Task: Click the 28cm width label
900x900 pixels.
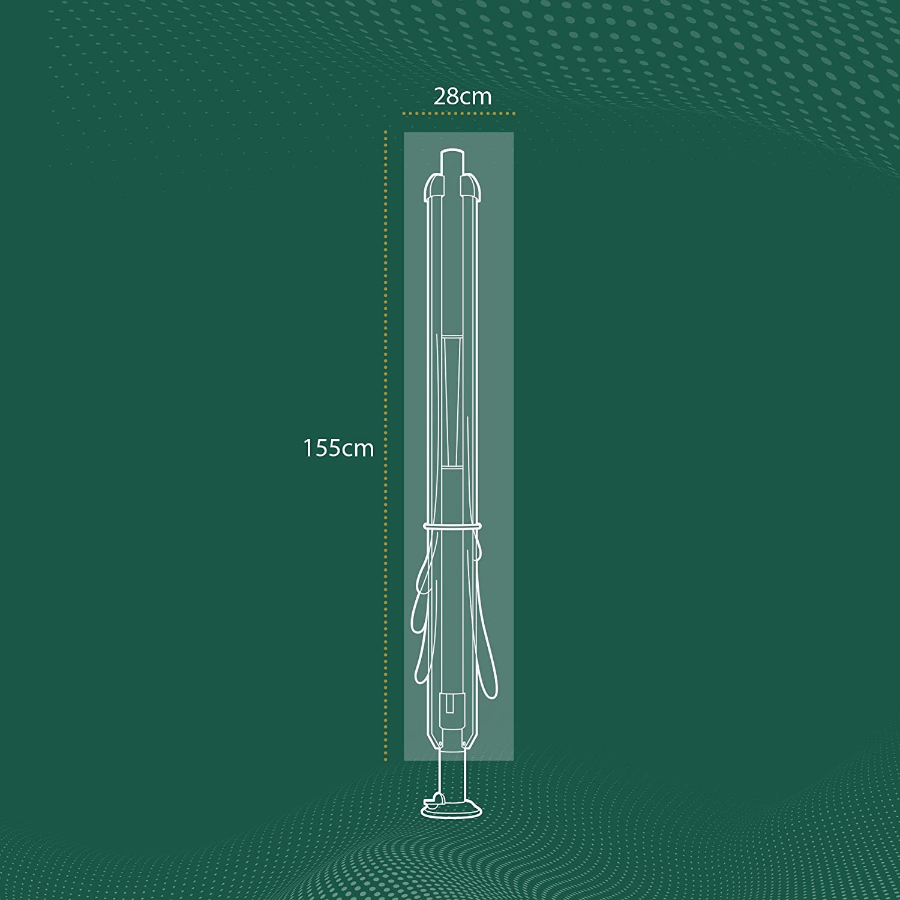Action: (x=463, y=97)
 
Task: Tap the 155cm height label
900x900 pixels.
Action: (x=338, y=448)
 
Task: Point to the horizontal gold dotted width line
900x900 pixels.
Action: (x=459, y=113)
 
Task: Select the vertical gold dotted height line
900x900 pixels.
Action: (x=386, y=444)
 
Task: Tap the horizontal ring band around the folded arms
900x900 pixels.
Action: (x=453, y=526)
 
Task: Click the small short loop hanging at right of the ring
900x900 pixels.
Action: (x=479, y=543)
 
